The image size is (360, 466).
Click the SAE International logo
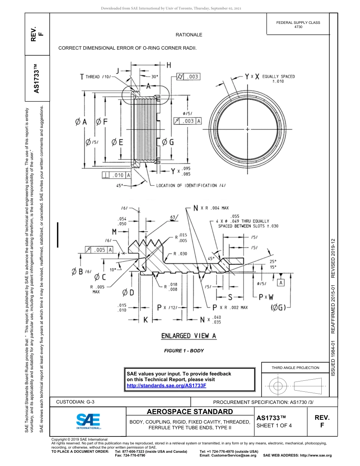[88, 421]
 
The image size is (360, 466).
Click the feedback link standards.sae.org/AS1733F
[166, 385]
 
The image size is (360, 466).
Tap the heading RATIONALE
[189, 35]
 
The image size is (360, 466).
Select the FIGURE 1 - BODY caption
[184, 351]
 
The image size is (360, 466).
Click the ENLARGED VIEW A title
[189, 336]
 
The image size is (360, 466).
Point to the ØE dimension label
[117, 142]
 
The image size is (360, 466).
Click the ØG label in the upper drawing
[168, 142]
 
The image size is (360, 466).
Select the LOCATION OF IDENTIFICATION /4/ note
[191, 186]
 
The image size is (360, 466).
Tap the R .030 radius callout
[180, 254]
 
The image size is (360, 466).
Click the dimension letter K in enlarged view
[146, 320]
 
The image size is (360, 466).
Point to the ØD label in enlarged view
[128, 292]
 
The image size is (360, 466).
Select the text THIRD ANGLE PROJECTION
[295, 367]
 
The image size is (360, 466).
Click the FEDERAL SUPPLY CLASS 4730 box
[298, 25]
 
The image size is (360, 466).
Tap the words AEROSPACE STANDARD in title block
[189, 412]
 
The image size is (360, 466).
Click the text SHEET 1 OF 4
[274, 425]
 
